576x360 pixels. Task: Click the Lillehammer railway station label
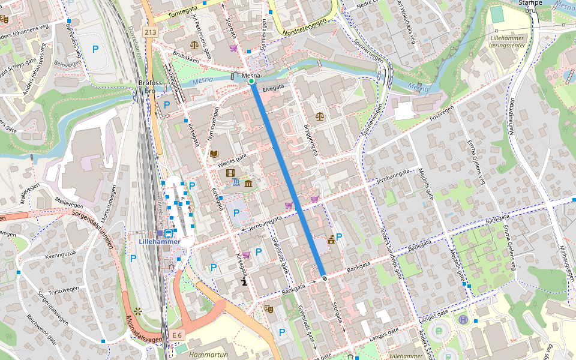click(159, 241)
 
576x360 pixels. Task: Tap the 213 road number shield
click(150, 31)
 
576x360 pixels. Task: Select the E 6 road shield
click(176, 334)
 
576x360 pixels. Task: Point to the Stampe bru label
click(529, 6)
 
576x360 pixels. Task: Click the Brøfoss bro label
click(149, 87)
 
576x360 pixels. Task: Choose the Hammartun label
click(208, 355)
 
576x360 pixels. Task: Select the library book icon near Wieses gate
click(214, 154)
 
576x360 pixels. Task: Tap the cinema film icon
click(230, 173)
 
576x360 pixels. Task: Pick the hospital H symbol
click(463, 320)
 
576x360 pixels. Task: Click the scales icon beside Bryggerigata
click(319, 116)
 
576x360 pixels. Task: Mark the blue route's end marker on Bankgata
click(324, 277)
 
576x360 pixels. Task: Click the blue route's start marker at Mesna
click(251, 82)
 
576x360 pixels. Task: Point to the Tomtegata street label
click(183, 13)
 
